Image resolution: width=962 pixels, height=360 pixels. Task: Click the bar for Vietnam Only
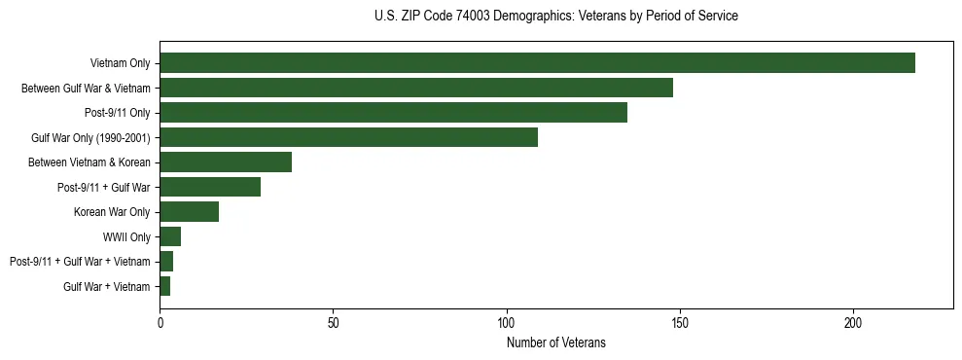(x=537, y=63)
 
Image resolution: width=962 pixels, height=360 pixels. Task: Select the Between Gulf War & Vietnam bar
(x=416, y=88)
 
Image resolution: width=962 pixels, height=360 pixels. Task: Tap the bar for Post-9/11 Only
(x=393, y=113)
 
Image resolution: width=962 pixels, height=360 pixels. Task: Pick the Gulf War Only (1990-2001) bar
(x=348, y=137)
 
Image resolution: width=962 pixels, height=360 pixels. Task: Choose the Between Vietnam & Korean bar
(x=226, y=162)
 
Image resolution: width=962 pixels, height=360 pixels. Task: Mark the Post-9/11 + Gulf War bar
(x=210, y=187)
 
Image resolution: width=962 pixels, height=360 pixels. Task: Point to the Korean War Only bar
(x=190, y=212)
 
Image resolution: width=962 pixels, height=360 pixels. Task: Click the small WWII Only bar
(x=170, y=236)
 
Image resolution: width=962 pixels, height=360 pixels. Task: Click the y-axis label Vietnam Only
(x=120, y=63)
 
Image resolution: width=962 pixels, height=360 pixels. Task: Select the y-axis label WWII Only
(x=126, y=236)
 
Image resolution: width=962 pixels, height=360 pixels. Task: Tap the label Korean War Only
(x=112, y=212)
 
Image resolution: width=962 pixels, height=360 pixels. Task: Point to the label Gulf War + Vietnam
(x=107, y=286)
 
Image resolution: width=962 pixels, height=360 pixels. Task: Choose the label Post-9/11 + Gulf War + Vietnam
(x=80, y=262)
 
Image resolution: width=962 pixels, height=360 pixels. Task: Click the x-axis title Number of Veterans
(x=555, y=342)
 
